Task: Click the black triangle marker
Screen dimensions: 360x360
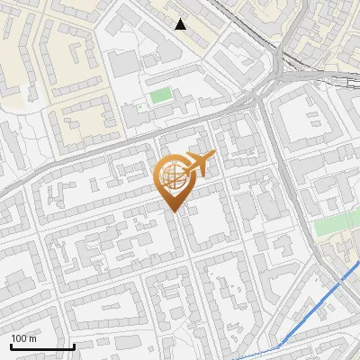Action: click(181, 24)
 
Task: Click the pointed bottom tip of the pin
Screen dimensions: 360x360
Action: click(175, 212)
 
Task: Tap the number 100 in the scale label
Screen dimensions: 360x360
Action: click(19, 338)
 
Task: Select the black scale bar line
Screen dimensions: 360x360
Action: click(42, 346)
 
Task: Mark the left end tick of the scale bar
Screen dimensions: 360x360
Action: click(11, 345)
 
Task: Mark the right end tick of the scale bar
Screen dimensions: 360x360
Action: click(74, 345)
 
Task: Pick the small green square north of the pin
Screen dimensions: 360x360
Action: click(160, 95)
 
